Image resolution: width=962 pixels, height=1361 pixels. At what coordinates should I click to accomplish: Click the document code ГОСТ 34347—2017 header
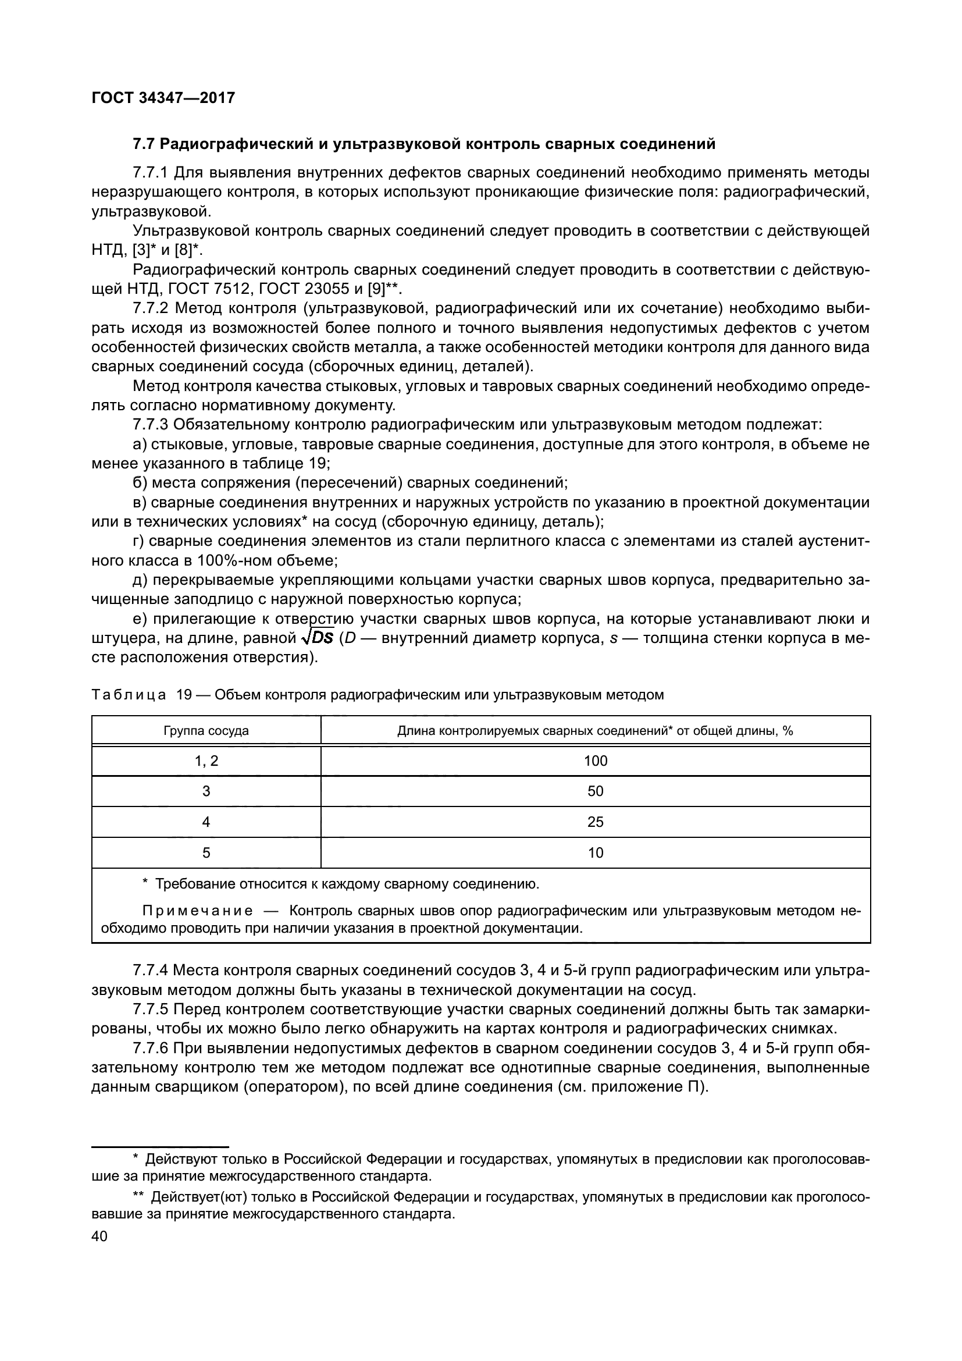coord(163,98)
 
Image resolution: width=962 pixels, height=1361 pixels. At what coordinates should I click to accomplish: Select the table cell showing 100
coord(596,761)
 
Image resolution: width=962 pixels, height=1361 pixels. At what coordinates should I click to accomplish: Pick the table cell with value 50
coord(596,791)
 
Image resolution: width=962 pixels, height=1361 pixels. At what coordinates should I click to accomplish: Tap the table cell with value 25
coord(596,822)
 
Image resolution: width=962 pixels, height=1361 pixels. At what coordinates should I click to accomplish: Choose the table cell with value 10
coord(596,853)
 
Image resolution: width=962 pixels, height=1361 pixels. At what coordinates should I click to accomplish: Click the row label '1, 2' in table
coord(206,761)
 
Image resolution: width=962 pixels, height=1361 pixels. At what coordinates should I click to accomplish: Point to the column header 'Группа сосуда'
coord(206,731)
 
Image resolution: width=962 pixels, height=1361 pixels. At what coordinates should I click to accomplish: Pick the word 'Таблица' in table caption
coord(129,695)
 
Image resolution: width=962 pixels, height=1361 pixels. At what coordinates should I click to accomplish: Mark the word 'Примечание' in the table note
coord(197,911)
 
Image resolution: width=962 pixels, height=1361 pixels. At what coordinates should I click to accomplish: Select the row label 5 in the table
coord(206,853)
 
